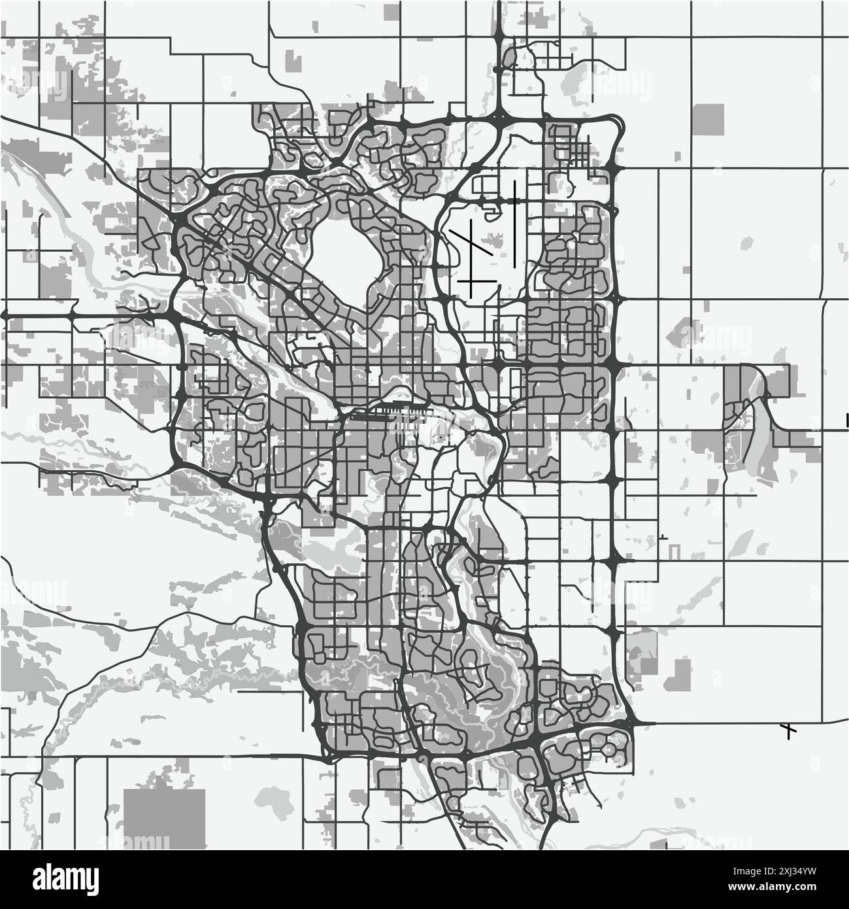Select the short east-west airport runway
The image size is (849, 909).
coord(476,281)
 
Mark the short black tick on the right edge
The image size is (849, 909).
coord(847,420)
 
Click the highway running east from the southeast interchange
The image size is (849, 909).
coord(719,723)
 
